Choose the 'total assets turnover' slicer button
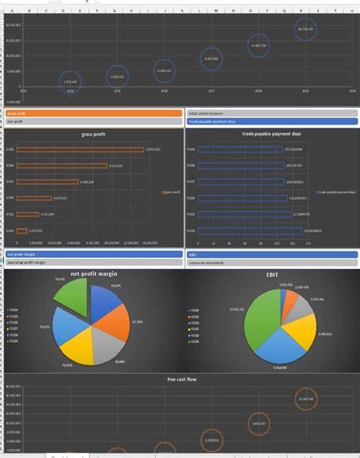[x=271, y=113]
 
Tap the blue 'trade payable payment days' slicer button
[x=271, y=121]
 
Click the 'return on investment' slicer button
[x=271, y=262]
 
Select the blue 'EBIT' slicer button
[x=271, y=254]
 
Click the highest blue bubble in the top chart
[x=305, y=29]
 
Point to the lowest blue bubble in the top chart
[x=70, y=81]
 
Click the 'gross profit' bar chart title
[x=94, y=134]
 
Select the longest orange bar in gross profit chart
[x=81, y=150]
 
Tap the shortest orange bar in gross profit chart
[x=22, y=230]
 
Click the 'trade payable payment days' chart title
[x=271, y=134]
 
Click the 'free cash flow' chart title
[x=181, y=378]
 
